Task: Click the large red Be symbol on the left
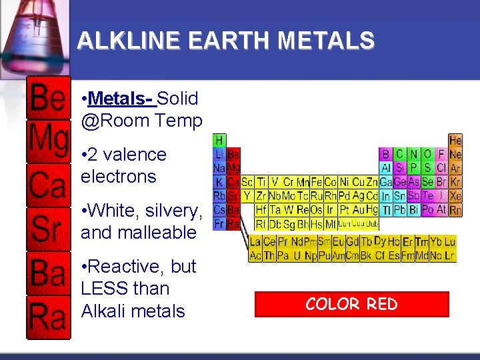click(x=48, y=99)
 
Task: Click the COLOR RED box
click(x=351, y=304)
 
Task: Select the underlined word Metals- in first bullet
click(x=121, y=99)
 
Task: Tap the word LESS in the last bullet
click(x=105, y=289)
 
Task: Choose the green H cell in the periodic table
click(x=219, y=141)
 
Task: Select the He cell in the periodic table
click(x=455, y=141)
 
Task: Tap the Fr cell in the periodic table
click(x=219, y=223)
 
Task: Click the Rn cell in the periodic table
click(x=455, y=210)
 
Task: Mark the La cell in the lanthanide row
click(x=255, y=242)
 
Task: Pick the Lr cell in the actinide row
click(x=450, y=255)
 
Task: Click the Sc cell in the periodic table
click(x=247, y=182)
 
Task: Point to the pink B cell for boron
click(x=385, y=155)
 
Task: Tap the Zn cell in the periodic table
click(x=372, y=182)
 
